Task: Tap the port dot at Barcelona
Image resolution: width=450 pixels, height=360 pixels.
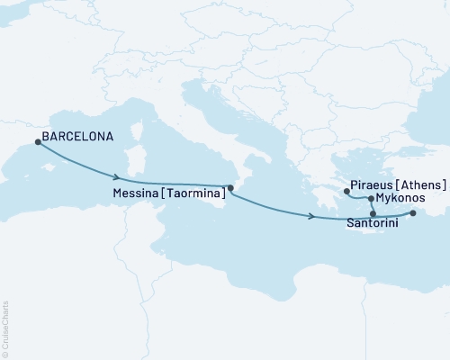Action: (x=37, y=141)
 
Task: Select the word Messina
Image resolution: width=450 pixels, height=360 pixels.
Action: (x=139, y=193)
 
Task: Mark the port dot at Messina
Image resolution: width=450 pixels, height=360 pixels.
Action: (x=231, y=187)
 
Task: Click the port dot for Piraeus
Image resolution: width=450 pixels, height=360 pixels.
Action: (x=346, y=192)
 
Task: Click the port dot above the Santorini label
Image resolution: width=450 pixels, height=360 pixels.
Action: (x=361, y=213)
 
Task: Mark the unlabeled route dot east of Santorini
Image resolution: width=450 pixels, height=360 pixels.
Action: (x=413, y=213)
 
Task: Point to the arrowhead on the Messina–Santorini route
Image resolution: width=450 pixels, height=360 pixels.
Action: (x=310, y=217)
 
